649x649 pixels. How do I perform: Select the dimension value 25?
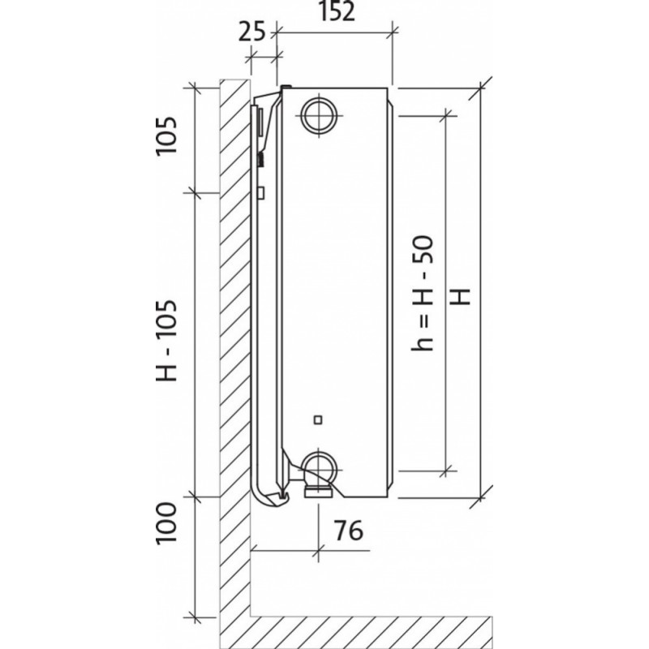tap(253, 32)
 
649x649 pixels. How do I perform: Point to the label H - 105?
tap(165, 344)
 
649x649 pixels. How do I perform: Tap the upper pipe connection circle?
tap(318, 114)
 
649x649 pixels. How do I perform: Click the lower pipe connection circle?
tap(318, 465)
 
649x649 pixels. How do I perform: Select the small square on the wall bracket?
tap(261, 193)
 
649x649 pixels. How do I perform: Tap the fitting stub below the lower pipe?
tap(317, 489)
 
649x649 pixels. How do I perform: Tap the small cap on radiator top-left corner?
tap(285, 86)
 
